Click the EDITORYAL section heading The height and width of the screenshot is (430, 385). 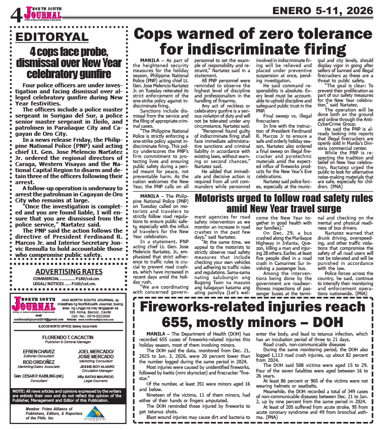[52, 37]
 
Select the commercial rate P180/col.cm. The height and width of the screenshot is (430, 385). [90, 279]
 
